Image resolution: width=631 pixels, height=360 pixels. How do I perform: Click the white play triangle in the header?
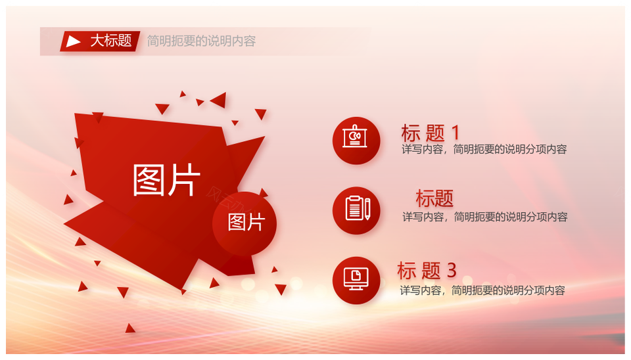(x=72, y=41)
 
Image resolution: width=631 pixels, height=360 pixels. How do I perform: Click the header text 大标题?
(x=111, y=41)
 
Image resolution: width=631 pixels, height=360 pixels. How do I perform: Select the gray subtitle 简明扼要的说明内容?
(x=201, y=41)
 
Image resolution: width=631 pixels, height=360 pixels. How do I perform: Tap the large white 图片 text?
(x=166, y=180)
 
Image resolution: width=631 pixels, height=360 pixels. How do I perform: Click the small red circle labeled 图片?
(x=245, y=223)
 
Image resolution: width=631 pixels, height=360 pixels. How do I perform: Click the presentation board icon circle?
(x=356, y=141)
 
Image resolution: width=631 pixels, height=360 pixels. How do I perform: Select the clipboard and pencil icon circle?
(x=356, y=210)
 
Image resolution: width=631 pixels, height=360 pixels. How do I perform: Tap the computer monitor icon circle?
(x=356, y=281)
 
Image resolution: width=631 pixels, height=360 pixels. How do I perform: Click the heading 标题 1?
(x=430, y=133)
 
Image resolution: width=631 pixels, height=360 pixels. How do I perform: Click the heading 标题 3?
(x=427, y=270)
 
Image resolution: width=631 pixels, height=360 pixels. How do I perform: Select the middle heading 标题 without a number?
(x=434, y=198)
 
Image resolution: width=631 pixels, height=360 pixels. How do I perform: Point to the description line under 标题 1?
(x=484, y=149)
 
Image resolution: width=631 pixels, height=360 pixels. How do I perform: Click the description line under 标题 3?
(x=482, y=290)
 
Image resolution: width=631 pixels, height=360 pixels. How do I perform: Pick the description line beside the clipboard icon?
(x=485, y=217)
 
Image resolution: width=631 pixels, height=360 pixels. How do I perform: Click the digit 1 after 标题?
(x=456, y=133)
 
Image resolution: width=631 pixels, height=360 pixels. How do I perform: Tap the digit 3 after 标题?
(x=452, y=270)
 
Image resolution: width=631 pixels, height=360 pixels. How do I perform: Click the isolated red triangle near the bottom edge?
(x=130, y=328)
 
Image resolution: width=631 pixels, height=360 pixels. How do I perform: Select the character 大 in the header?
(x=97, y=41)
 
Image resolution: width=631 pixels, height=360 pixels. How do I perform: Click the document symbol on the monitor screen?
(x=356, y=275)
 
